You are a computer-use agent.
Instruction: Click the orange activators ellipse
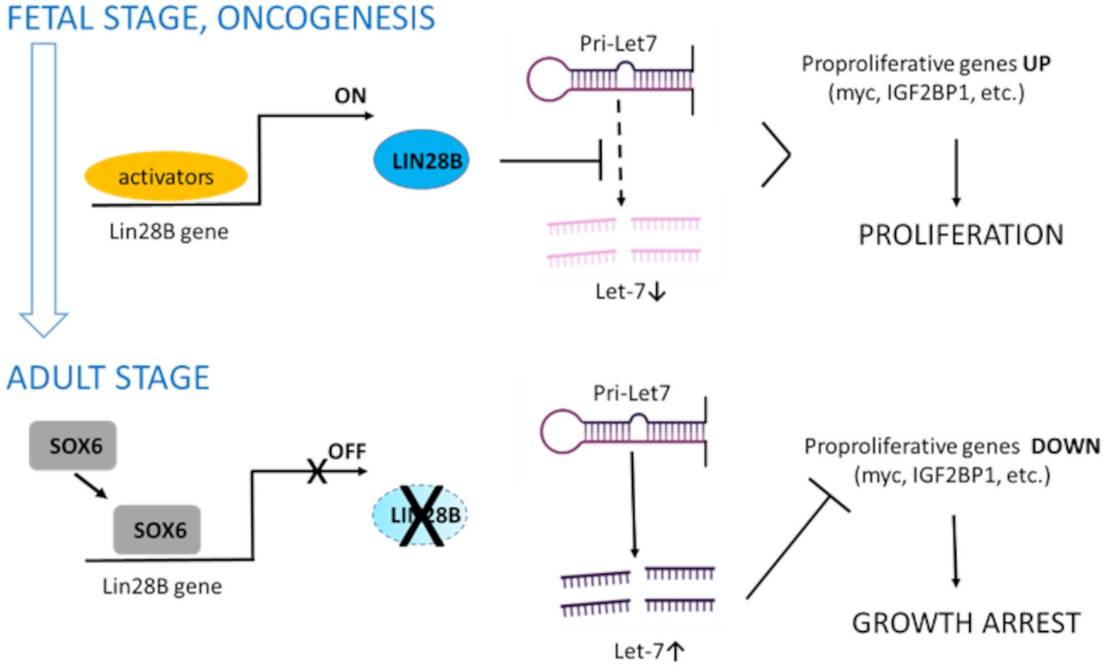point(165,177)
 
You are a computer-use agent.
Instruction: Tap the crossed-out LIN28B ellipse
point(422,515)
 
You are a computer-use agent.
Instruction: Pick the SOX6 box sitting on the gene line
point(158,530)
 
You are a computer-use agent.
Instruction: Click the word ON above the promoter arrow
point(350,96)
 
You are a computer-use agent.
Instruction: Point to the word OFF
point(346,451)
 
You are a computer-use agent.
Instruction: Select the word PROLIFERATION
point(961,235)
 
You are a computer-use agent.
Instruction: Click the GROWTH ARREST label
point(965,623)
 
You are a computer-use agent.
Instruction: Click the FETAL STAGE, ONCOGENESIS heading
point(221,18)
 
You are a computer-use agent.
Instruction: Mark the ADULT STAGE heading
point(108,378)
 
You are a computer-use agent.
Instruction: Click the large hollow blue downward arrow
point(44,187)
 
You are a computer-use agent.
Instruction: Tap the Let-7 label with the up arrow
point(648,651)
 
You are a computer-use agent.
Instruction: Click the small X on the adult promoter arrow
point(316,471)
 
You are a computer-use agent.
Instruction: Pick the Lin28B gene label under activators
point(169,232)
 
